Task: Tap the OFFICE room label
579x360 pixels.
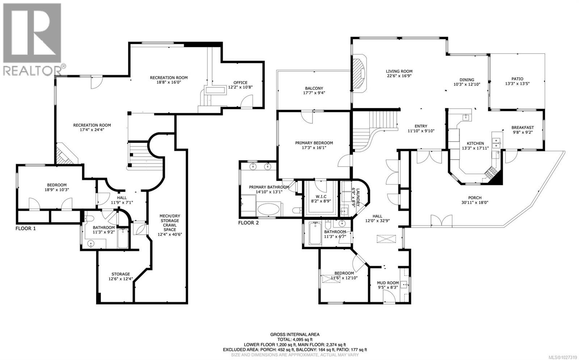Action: click(240, 83)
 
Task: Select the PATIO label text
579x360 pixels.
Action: click(517, 79)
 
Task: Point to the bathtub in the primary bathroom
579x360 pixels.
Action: click(268, 210)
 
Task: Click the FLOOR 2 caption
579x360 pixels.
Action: click(248, 223)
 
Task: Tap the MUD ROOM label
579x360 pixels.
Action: click(388, 283)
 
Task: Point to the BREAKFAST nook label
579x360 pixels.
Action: click(522, 127)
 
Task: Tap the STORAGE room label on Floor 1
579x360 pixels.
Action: click(121, 274)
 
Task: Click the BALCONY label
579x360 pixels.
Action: click(314, 88)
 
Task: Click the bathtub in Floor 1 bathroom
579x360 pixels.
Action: click(123, 239)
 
